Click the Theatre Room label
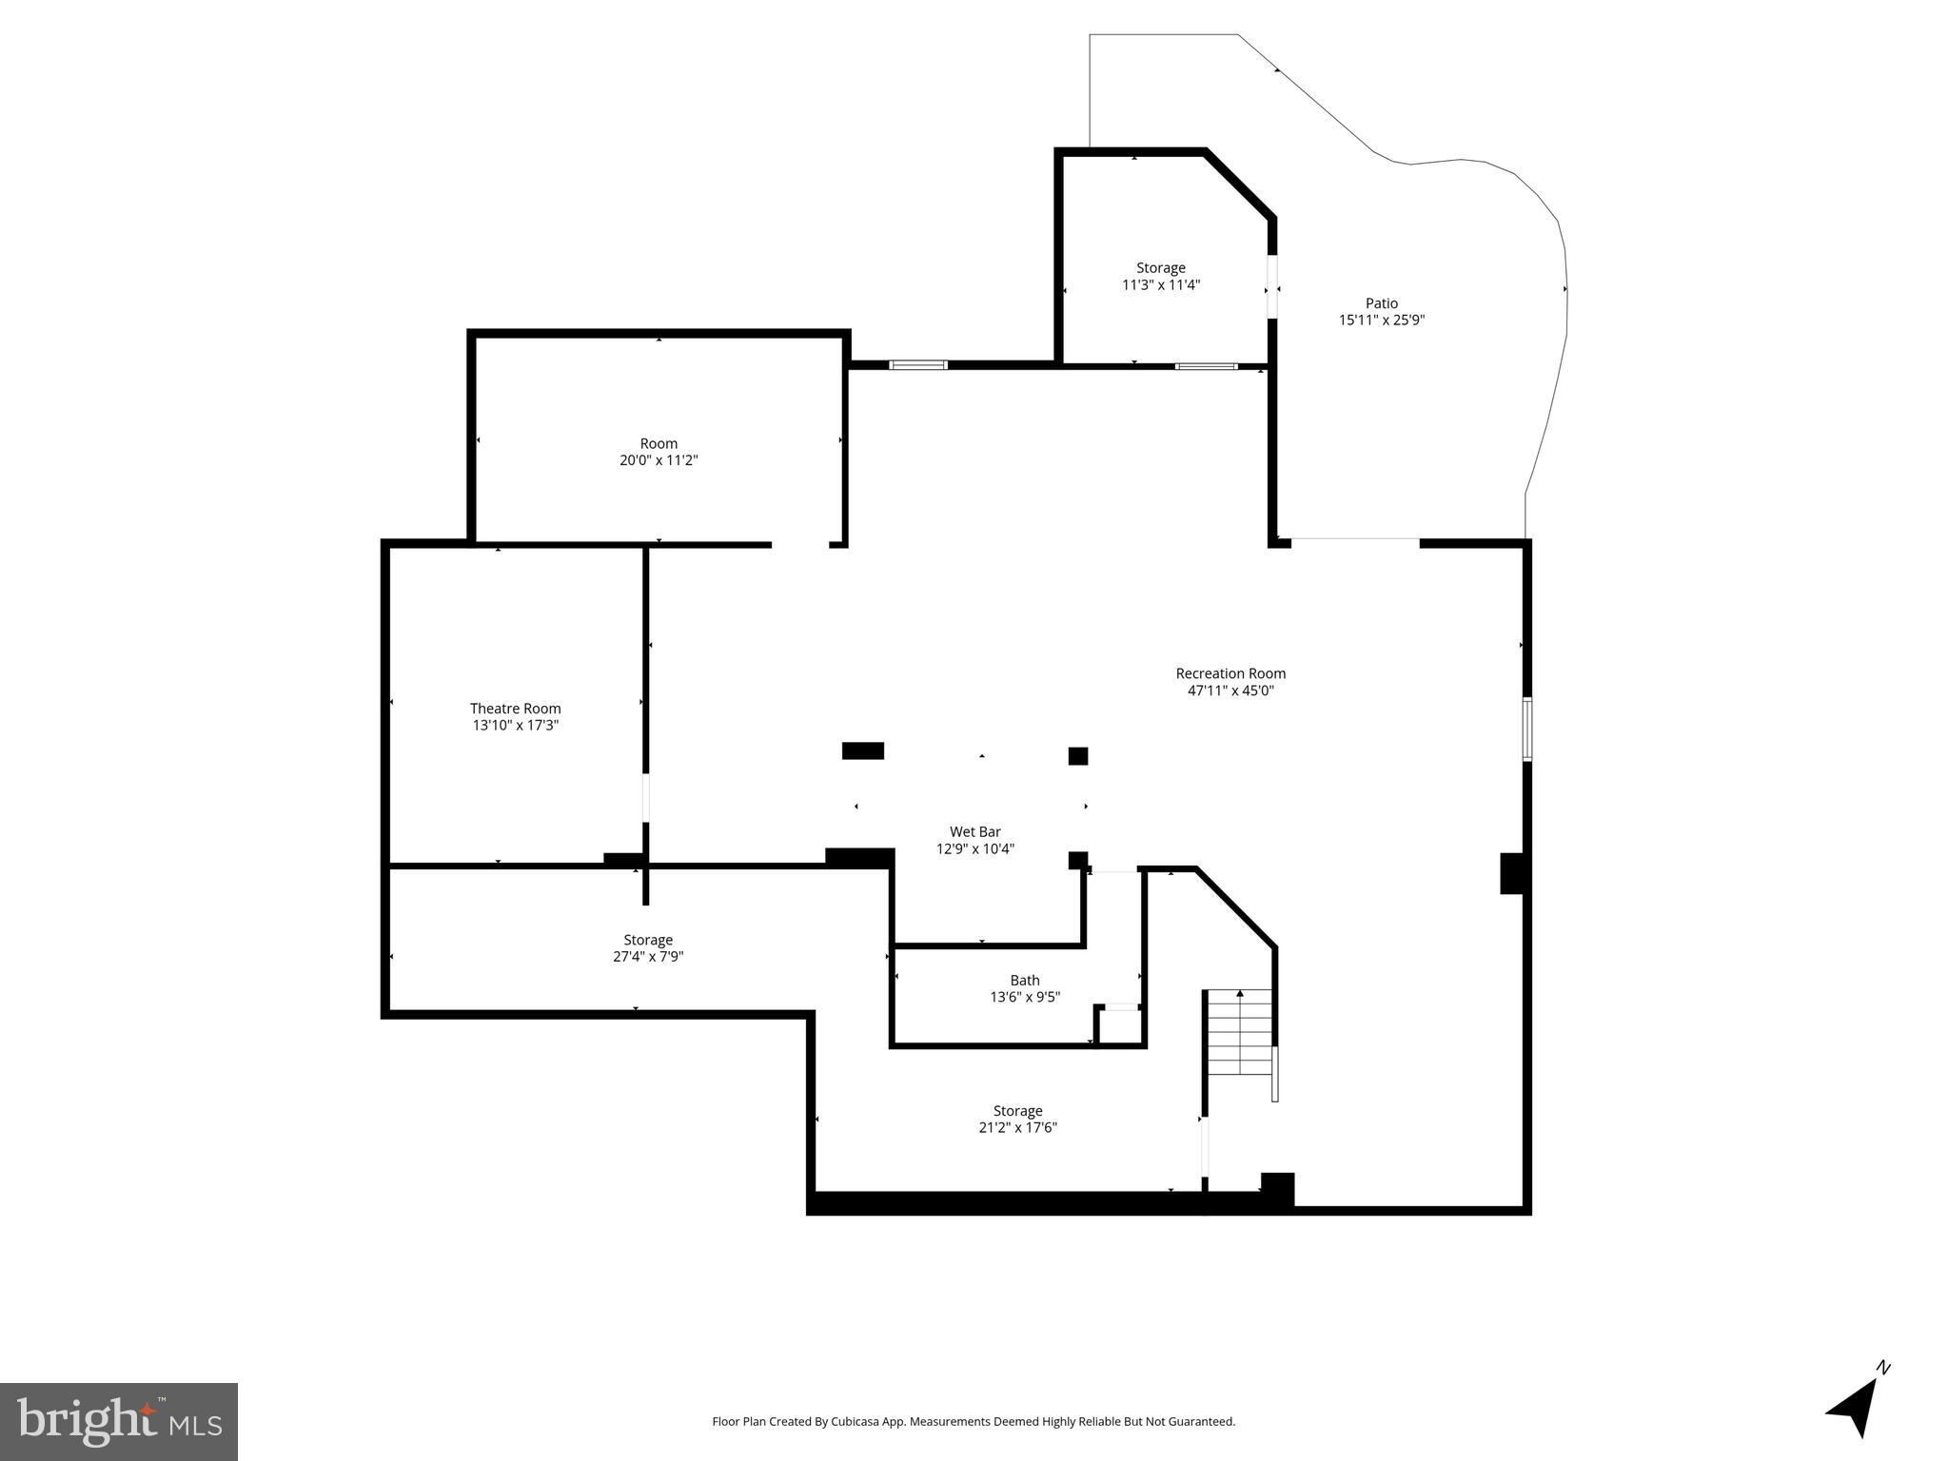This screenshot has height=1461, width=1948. [515, 709]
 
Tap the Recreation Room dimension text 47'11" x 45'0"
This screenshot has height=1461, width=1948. [1230, 692]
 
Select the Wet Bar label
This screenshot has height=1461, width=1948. [974, 832]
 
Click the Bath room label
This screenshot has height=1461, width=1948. [1024, 981]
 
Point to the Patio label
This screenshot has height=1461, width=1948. [1381, 303]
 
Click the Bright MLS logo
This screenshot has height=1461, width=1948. [119, 1421]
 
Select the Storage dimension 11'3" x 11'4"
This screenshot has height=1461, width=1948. [1160, 285]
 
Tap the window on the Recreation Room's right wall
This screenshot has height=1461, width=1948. [1526, 729]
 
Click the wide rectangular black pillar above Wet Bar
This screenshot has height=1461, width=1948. [862, 750]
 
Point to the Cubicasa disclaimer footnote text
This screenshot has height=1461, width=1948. [973, 1422]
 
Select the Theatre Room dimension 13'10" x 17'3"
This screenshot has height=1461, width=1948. [515, 726]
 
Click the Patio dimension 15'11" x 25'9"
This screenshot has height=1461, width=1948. [1381, 321]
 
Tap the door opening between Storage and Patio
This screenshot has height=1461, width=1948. [1271, 286]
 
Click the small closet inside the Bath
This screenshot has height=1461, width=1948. [1119, 1025]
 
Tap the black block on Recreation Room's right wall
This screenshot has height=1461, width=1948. [1512, 873]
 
